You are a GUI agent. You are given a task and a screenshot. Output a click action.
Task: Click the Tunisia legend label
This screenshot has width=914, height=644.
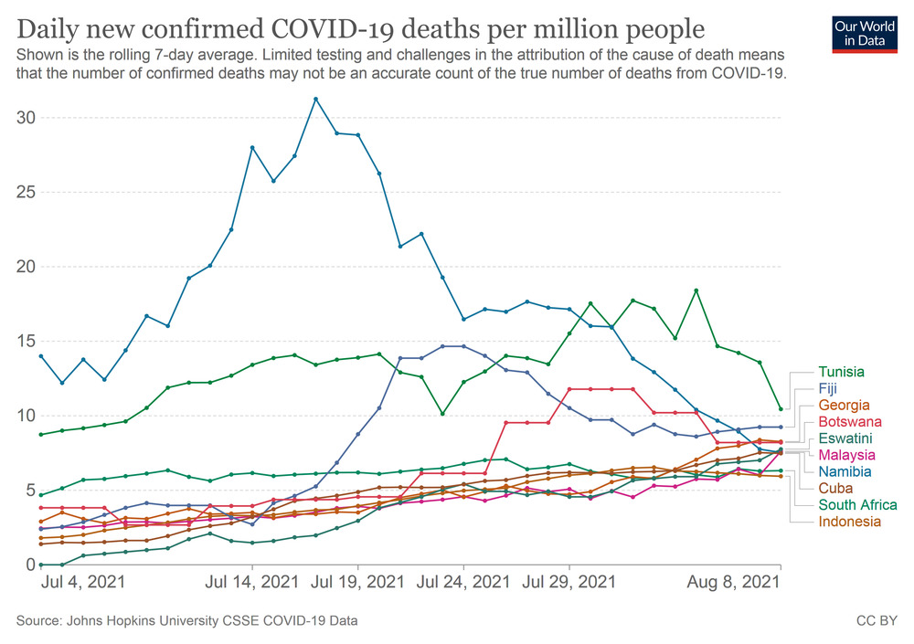click(842, 372)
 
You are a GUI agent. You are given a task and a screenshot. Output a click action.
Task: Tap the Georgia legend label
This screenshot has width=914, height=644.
click(844, 405)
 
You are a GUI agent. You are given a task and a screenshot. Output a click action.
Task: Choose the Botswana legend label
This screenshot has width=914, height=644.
click(848, 421)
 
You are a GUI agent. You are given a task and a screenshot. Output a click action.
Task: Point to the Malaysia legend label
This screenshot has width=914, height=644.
click(847, 455)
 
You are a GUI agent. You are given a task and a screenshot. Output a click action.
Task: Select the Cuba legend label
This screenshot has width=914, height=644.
click(834, 489)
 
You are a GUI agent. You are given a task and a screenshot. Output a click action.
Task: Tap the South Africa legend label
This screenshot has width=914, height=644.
click(857, 505)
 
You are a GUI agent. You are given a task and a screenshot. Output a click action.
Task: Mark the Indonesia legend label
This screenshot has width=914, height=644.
click(850, 522)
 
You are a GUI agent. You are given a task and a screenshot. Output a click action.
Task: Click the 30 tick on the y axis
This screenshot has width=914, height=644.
click(27, 118)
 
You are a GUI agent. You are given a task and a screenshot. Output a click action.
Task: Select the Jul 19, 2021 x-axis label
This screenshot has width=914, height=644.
click(357, 580)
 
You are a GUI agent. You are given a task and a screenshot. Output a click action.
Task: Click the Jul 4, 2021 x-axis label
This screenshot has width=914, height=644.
click(82, 580)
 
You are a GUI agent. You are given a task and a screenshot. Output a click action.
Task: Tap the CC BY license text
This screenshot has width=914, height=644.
click(876, 621)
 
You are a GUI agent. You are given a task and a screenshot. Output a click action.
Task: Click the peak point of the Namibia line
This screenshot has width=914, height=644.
click(315, 99)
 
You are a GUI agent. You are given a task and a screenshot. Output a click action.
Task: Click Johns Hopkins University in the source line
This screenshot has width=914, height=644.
click(147, 621)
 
